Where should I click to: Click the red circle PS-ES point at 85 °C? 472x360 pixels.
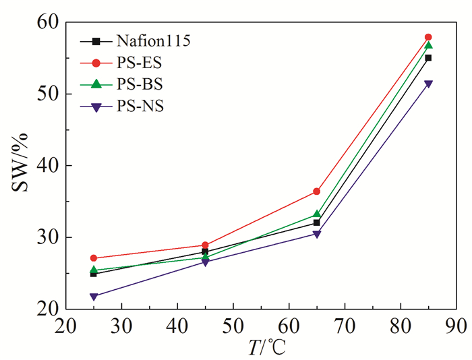click(428, 37)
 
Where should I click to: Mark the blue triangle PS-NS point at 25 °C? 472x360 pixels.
click(93, 297)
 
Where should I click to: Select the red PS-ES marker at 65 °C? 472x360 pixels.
click(316, 191)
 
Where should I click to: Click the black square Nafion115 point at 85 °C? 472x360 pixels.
click(428, 58)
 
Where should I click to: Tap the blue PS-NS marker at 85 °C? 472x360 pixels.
click(428, 84)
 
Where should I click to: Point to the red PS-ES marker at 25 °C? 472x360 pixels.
click(93, 258)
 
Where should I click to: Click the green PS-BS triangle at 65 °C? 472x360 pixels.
click(316, 214)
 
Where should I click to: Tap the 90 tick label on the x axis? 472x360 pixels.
click(456, 325)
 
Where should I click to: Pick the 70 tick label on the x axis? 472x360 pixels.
click(344, 325)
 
